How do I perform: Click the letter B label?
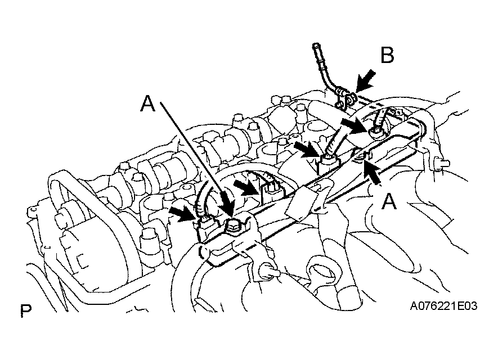point(387,55)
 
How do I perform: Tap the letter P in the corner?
point(26,310)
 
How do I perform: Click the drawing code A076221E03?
point(443,306)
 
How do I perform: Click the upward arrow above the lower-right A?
point(372,172)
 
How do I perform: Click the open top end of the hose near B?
point(315,46)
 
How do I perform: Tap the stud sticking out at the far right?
point(442,164)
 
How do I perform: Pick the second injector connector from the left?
point(270,192)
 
